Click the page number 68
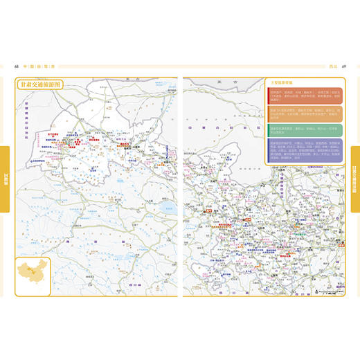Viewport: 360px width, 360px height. click(16, 66)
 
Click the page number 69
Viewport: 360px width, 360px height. click(343, 66)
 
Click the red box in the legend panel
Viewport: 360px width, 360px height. click(303, 97)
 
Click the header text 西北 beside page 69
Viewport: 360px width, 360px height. click(332, 66)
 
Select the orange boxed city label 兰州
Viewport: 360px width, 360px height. click(246, 220)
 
